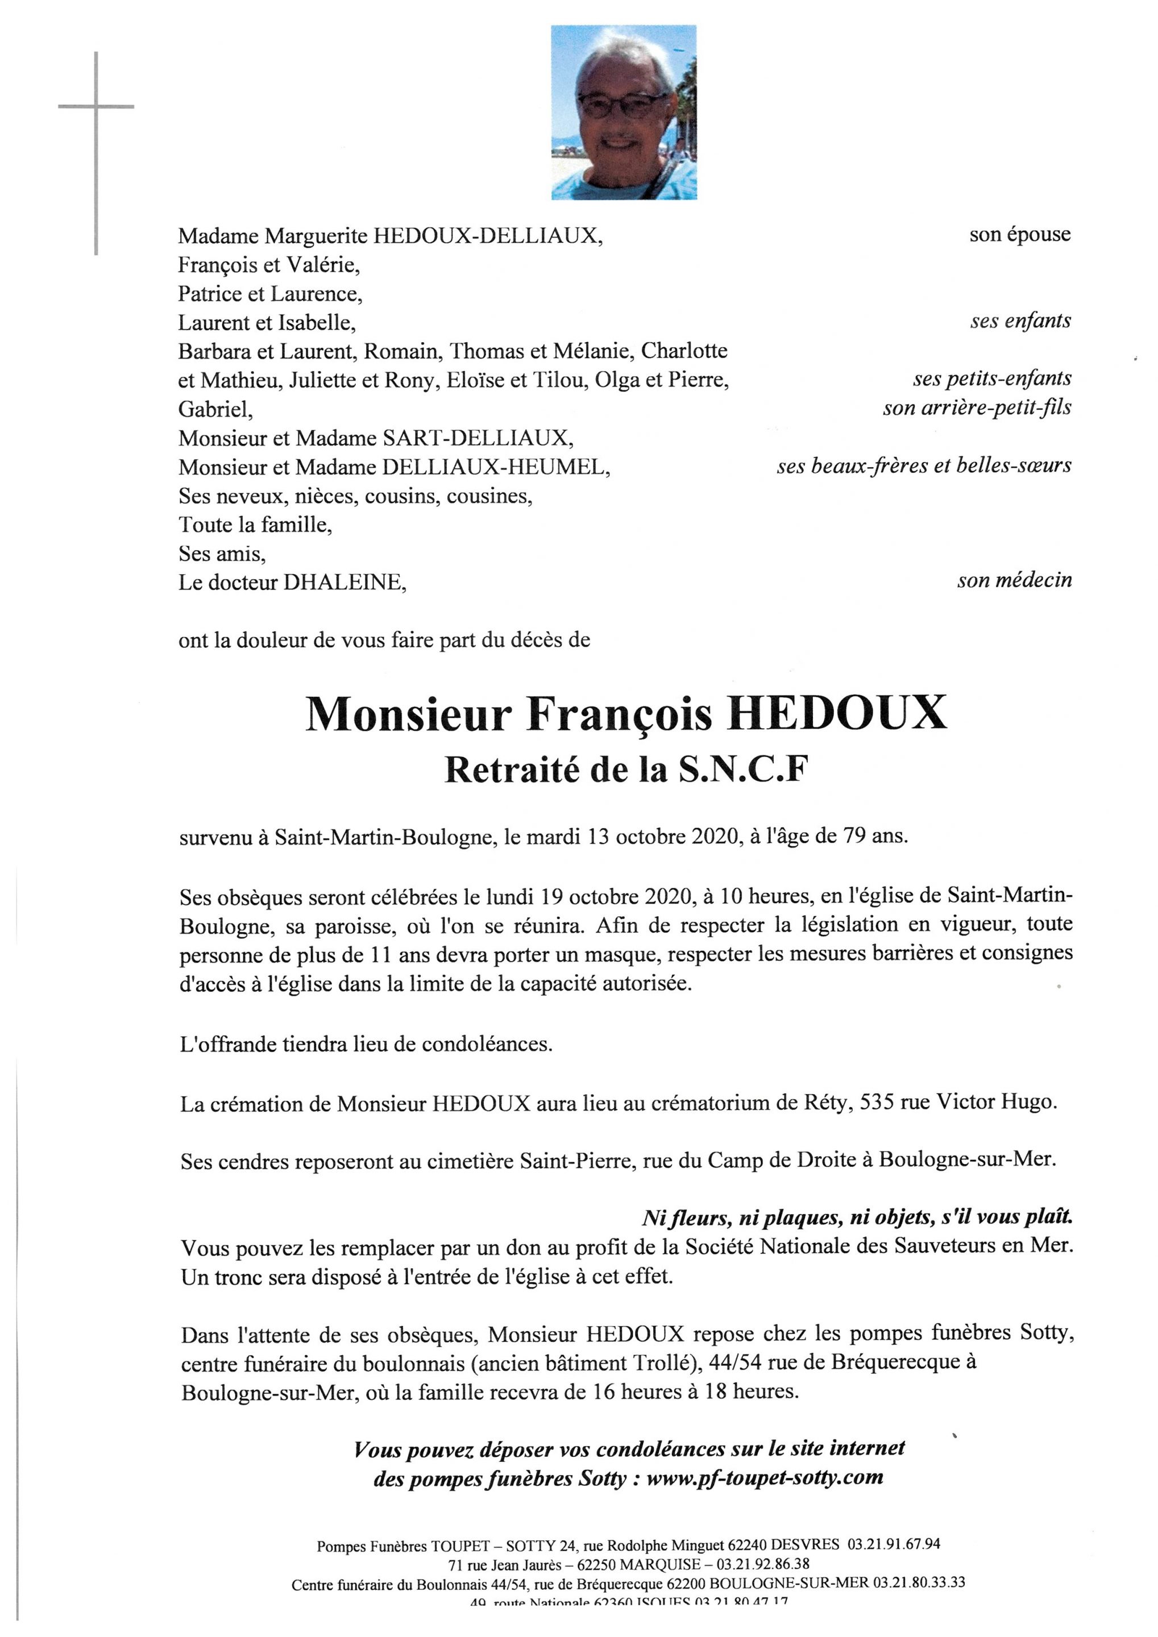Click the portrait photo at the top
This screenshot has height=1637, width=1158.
(x=623, y=113)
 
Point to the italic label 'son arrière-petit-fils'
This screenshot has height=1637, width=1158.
(x=976, y=408)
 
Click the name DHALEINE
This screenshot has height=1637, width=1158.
(x=345, y=583)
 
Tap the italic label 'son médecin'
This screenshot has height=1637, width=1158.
(x=1014, y=580)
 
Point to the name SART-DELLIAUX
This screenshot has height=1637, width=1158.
(x=476, y=437)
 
